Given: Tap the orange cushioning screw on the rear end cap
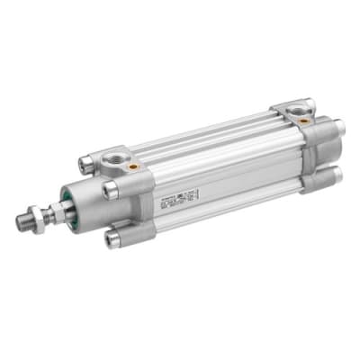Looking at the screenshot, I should [x=305, y=119].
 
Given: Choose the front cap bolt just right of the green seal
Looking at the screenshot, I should [x=110, y=190].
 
